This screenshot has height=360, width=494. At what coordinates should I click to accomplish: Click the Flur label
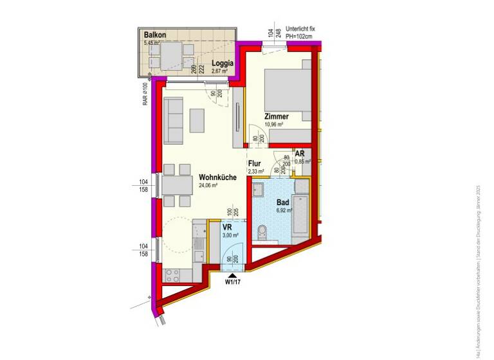click(x=255, y=163)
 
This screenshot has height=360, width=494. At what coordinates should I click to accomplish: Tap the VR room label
click(x=226, y=228)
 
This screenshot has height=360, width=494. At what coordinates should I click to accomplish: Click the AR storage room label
click(x=300, y=154)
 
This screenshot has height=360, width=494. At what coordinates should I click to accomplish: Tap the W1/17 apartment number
click(x=233, y=282)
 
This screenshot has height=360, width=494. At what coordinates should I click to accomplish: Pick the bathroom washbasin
click(x=258, y=191)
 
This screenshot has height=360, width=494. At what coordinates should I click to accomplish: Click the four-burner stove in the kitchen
click(x=173, y=275)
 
